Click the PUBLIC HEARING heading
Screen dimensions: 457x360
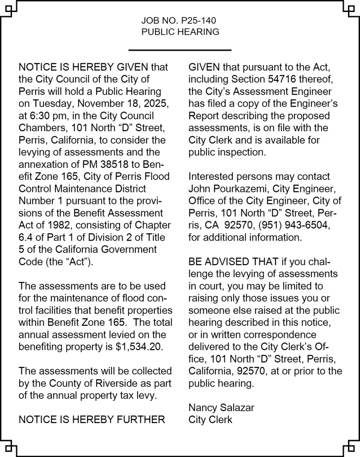[x=180, y=32]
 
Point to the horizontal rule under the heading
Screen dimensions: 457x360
[x=180, y=50]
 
